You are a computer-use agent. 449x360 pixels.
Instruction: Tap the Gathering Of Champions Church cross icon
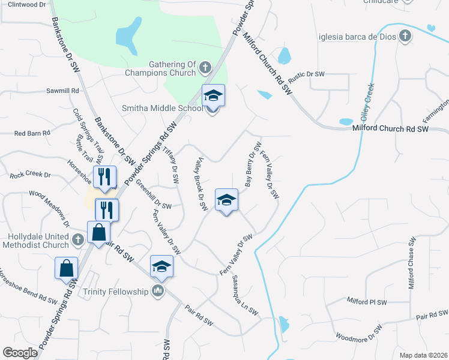pos(204,67)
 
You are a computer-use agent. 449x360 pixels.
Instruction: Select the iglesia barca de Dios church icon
pos(405,35)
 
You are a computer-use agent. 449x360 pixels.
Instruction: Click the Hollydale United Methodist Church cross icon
pos(77,240)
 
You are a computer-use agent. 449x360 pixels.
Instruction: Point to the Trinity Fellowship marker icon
pos(158,292)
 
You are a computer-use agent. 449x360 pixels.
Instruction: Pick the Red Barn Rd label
pos(32,133)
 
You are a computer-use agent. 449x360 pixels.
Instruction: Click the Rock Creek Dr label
pos(30,175)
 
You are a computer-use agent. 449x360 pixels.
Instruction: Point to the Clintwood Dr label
pos(27,4)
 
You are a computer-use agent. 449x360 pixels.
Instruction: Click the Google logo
pos(20,353)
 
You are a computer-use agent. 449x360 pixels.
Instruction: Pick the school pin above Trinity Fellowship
pos(161,266)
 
